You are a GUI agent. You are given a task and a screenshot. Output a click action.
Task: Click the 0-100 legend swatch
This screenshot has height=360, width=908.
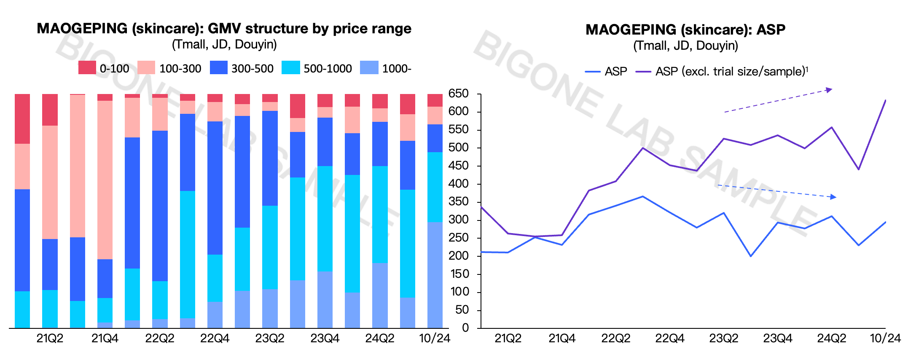click(87, 68)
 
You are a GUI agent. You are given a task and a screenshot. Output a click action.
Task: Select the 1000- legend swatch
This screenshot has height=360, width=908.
click(369, 68)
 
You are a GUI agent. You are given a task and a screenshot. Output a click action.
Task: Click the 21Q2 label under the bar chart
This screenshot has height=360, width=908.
click(50, 339)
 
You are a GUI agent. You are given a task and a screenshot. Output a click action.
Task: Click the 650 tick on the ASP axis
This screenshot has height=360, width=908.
click(458, 94)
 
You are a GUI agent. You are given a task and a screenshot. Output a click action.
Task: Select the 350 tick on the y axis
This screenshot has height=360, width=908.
click(458, 202)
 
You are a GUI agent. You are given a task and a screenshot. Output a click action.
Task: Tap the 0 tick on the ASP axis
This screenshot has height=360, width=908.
click(465, 328)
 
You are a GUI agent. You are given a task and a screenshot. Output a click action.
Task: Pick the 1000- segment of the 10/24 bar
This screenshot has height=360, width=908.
click(435, 274)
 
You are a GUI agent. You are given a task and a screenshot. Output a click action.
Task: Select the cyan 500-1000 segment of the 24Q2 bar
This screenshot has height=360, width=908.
click(380, 214)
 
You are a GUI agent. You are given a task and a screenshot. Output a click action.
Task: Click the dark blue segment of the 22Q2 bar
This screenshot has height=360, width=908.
click(160, 205)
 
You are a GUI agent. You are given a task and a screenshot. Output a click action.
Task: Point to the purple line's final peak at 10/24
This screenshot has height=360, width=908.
click(885, 100)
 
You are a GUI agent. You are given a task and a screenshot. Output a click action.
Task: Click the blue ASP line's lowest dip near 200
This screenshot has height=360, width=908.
click(751, 256)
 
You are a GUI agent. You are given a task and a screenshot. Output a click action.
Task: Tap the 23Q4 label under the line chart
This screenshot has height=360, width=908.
click(778, 339)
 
